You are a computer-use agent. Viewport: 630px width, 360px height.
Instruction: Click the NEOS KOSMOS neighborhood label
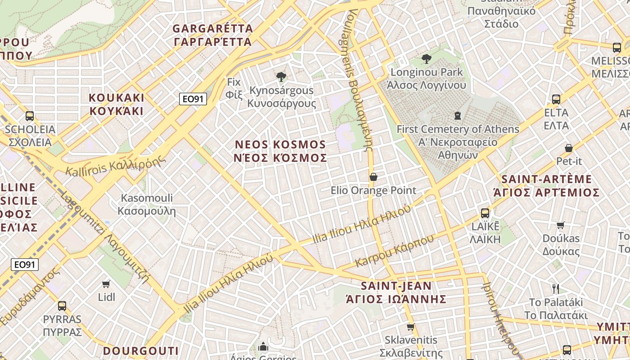[281, 151]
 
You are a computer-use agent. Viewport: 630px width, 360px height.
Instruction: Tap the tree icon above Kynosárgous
[281, 77]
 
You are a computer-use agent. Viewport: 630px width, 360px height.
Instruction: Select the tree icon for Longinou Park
[426, 58]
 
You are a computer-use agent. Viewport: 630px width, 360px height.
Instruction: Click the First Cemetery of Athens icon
[458, 116]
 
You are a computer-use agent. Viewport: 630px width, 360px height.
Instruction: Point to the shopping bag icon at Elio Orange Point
[373, 177]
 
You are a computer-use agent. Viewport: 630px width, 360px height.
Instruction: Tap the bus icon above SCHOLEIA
[30, 116]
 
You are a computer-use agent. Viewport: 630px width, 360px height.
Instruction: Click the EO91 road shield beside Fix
[193, 99]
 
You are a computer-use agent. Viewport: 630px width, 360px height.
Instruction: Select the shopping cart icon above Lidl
[106, 284]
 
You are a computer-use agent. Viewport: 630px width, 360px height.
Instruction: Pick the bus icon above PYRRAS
[62, 306]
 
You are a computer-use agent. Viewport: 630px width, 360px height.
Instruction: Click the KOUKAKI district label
[117, 104]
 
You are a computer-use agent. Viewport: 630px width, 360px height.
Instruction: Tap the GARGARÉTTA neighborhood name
[212, 35]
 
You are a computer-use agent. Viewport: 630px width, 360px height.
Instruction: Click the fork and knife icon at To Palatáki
[556, 288]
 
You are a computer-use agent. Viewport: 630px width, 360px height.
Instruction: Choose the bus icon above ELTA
[556, 99]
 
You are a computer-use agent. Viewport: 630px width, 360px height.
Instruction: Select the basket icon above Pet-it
[569, 148]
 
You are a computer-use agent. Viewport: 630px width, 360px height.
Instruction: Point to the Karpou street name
[394, 251]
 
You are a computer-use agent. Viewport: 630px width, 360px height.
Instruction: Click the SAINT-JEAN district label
[396, 292]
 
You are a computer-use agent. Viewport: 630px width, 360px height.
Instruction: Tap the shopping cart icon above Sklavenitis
[410, 327]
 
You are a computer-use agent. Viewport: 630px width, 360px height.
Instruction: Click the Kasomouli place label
[147, 204]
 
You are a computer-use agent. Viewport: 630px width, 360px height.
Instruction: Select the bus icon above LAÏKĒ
[485, 213]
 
